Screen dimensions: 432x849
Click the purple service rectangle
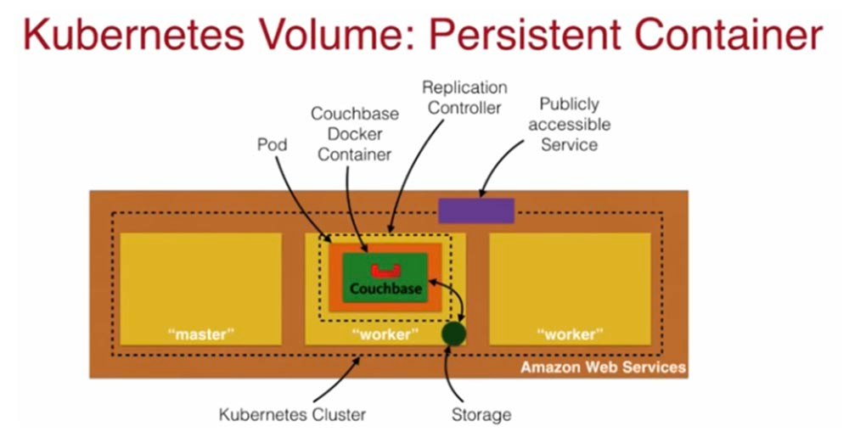coord(475,210)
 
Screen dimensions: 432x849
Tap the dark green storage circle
coord(454,334)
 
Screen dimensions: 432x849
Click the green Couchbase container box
coord(386,278)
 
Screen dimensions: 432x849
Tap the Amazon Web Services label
coord(603,367)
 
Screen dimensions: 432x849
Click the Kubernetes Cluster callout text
coord(292,415)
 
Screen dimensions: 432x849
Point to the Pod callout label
coord(272,145)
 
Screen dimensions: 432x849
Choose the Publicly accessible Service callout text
coord(575,124)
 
